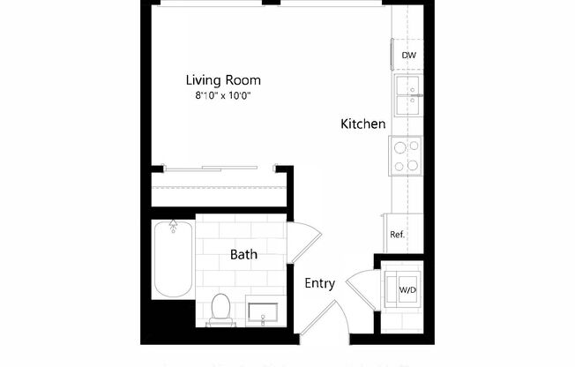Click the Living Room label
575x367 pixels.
coord(223,79)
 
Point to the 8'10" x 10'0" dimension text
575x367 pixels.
coord(223,95)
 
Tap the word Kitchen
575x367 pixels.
coord(363,124)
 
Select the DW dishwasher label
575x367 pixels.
coord(408,56)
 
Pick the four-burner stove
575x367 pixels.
coord(406,156)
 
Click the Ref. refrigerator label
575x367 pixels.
coord(398,235)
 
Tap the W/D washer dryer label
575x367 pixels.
coord(407,289)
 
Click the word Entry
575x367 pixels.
coord(319,283)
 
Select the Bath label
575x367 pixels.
coord(244,255)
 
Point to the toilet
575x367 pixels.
coord(220,307)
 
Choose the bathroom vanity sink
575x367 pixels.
coord(264,311)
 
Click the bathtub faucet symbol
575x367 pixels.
coord(173,226)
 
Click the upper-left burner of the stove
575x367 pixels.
coord(399,147)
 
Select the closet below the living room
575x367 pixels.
coord(220,190)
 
